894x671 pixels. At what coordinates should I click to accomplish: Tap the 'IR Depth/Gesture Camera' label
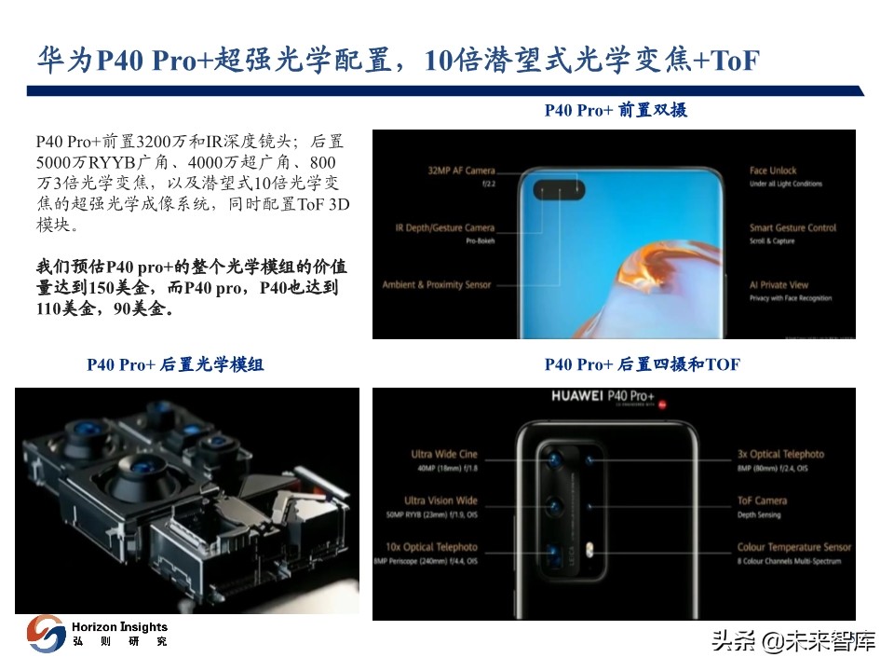click(442, 228)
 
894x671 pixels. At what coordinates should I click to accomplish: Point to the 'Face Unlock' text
click(773, 171)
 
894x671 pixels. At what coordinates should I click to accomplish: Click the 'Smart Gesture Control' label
click(792, 228)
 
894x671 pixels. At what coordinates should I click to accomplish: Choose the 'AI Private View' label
click(779, 285)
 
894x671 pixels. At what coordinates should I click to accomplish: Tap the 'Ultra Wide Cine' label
click(443, 455)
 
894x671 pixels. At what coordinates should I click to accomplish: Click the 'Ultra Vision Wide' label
click(440, 500)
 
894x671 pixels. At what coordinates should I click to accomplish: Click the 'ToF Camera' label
click(762, 500)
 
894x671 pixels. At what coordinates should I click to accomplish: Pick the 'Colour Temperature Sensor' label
click(793, 547)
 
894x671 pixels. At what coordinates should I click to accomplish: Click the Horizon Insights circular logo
click(46, 634)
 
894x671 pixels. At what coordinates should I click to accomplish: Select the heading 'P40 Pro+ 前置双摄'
click(616, 110)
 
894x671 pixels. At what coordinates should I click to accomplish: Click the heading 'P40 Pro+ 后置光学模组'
click(175, 364)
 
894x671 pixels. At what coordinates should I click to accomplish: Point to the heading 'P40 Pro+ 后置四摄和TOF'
click(642, 364)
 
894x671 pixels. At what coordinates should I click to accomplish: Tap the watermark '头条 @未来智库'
click(793, 641)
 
